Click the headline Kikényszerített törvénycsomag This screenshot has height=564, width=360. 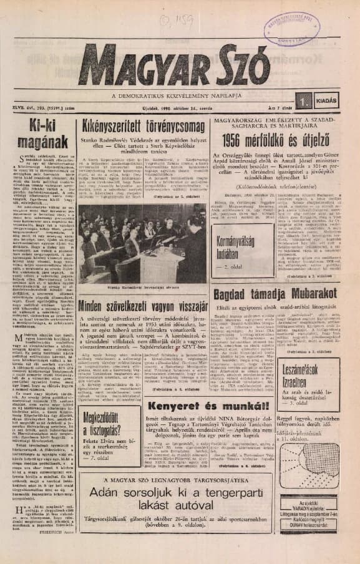(x=143, y=124)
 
